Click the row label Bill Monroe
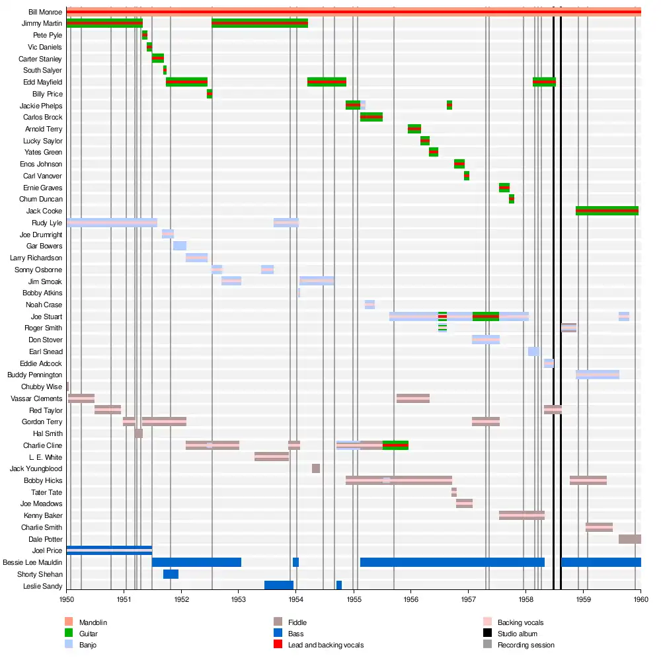pyautogui.click(x=46, y=12)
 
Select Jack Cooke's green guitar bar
pyautogui.click(x=607, y=211)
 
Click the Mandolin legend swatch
pyautogui.click(x=68, y=622)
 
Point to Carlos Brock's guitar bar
pyautogui.click(x=371, y=117)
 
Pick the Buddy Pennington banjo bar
pyautogui.click(x=598, y=375)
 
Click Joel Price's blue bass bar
pyautogui.click(x=109, y=550)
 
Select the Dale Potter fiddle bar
pyautogui.click(x=629, y=539)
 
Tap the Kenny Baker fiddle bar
pyautogui.click(x=522, y=515)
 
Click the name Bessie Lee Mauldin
pyautogui.click(x=32, y=562)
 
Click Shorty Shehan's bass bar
pyautogui.click(x=171, y=574)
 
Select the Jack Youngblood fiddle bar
pyautogui.click(x=316, y=468)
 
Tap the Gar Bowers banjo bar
pyautogui.click(x=180, y=246)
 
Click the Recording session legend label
pyautogui.click(x=526, y=645)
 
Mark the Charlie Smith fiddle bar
pyautogui.click(x=599, y=527)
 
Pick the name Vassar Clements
pyautogui.click(x=37, y=398)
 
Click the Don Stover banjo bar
pyautogui.click(x=486, y=340)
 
